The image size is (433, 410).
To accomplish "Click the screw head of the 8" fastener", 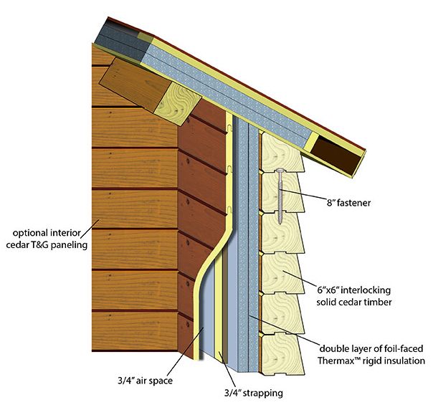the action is tap(280, 171).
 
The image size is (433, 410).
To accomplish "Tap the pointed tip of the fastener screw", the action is tap(280, 224).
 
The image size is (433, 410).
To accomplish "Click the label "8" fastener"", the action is tap(349, 203).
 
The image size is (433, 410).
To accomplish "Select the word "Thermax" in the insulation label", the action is tap(336, 361).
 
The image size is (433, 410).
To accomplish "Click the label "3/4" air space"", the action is tap(146, 381).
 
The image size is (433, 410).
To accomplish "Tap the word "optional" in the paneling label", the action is tap(30, 233).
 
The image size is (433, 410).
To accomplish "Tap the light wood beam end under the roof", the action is tap(178, 104).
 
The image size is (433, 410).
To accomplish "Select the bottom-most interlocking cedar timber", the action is tap(282, 355).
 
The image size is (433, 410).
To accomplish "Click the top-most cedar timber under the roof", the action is tap(282, 153).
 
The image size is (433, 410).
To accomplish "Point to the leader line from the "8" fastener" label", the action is tap(303, 194).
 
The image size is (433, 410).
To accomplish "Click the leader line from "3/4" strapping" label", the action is tap(227, 369).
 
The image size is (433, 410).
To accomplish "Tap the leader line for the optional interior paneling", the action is tap(90, 229).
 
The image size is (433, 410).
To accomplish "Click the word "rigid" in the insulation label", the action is tap(367, 361).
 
